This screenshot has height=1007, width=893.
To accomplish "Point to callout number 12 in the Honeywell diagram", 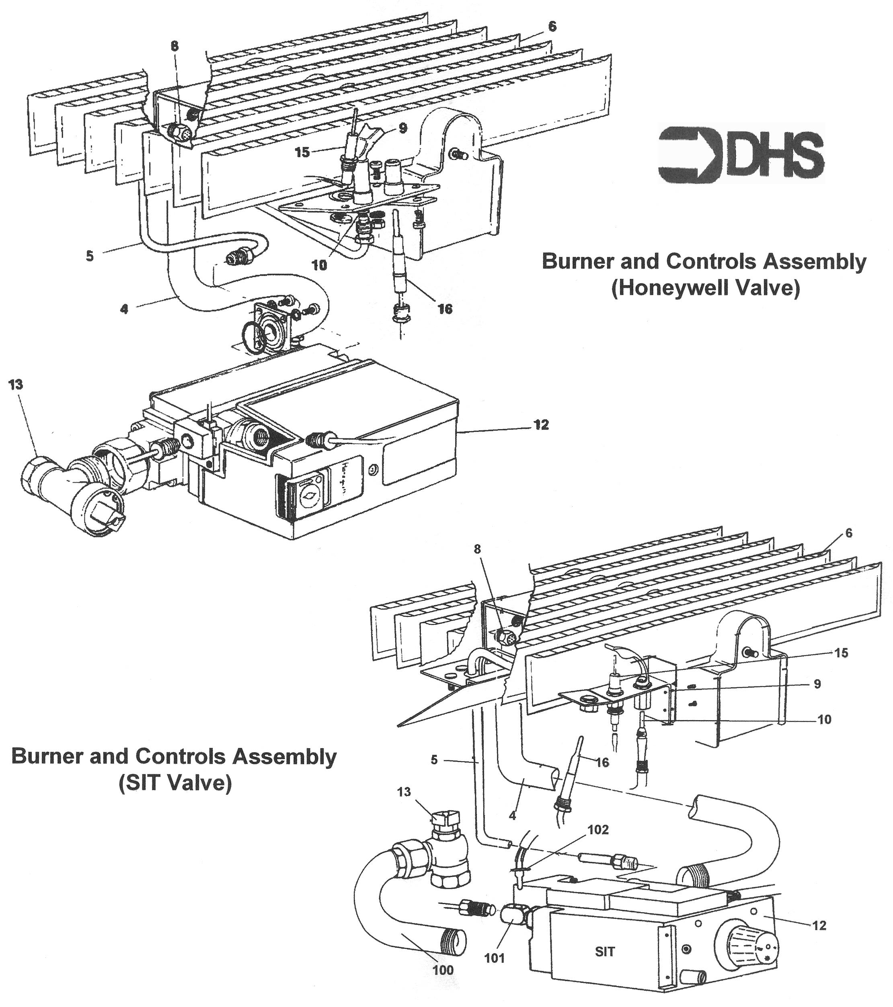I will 541,425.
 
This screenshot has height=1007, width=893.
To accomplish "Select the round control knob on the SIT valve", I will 749,946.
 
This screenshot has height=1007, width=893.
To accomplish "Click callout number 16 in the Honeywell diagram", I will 445,309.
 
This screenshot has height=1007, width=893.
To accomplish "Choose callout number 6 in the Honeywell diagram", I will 552,26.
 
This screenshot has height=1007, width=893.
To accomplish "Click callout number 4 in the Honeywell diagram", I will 124,309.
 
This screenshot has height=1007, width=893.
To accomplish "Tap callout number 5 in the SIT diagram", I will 434,760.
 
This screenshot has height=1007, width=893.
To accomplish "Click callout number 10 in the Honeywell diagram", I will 319,266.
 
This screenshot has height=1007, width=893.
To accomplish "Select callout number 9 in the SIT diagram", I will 817,684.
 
